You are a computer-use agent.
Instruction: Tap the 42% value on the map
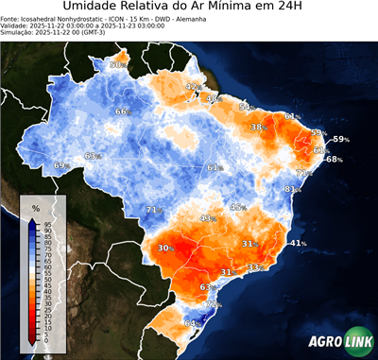coord(193,87)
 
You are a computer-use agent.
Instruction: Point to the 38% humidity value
coord(257,127)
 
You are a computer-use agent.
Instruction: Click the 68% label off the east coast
coord(334,160)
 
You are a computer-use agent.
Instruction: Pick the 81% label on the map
coord(292,190)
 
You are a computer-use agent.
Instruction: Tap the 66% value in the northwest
coord(122,112)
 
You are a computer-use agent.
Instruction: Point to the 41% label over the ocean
coord(298,244)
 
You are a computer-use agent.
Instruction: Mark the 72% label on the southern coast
coord(214,304)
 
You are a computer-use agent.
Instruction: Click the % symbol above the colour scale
coord(36,207)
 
